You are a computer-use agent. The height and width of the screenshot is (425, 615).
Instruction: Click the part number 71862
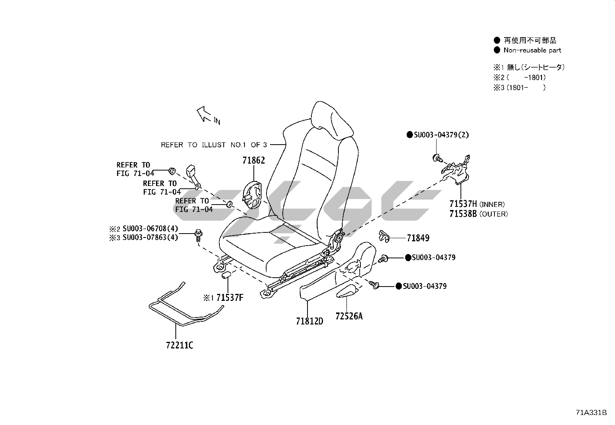pyautogui.click(x=254, y=160)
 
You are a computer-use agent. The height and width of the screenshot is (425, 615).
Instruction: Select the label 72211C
pyautogui.click(x=180, y=345)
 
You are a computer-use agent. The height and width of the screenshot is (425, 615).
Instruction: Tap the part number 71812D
pyautogui.click(x=309, y=321)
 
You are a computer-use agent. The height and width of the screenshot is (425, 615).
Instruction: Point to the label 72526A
pyautogui.click(x=349, y=316)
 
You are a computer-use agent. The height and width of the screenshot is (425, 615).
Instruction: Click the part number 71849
pyautogui.click(x=418, y=238)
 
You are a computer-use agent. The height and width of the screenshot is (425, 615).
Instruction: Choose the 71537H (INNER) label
pyautogui.click(x=477, y=204)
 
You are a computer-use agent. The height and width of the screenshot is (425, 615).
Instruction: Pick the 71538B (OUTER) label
pyautogui.click(x=478, y=214)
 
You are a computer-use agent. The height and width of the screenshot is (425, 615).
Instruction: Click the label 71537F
pyautogui.click(x=229, y=298)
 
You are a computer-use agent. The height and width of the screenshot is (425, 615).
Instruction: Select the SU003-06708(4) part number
pyautogui.click(x=150, y=229)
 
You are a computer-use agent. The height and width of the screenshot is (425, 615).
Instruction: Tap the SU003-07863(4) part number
pyautogui.click(x=150, y=237)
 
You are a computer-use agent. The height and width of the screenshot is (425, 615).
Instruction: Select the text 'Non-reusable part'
pyautogui.click(x=532, y=50)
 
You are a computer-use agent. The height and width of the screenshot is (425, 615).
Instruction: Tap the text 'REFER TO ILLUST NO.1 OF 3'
pyautogui.click(x=214, y=145)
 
